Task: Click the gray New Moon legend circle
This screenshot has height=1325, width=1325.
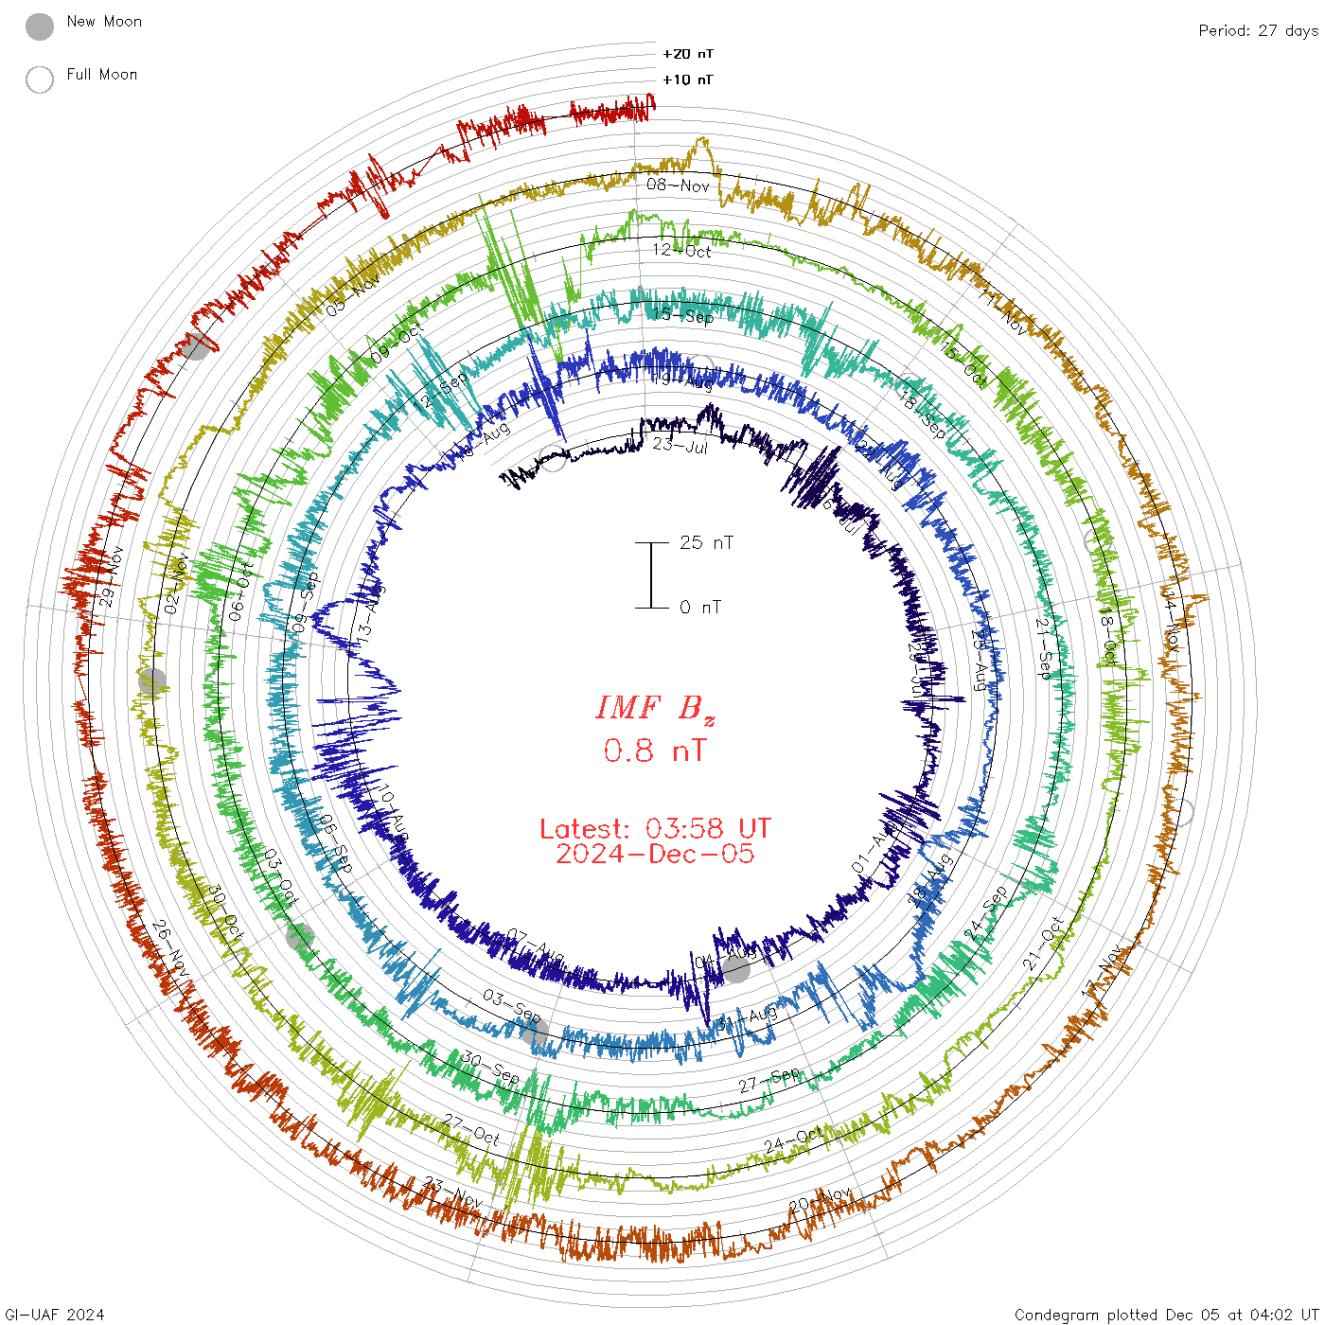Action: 40,27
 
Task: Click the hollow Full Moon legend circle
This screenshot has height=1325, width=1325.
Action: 40,79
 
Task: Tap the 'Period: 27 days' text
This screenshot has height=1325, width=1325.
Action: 1258,30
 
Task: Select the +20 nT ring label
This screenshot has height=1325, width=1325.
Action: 688,54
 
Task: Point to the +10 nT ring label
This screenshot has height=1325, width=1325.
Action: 688,79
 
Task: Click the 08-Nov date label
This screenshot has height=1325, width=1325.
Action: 678,185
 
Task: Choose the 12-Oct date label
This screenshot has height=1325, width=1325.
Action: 682,250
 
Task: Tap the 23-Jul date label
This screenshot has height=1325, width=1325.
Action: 680,445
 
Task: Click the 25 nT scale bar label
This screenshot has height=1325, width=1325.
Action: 706,542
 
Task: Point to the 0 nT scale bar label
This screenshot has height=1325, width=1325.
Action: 700,607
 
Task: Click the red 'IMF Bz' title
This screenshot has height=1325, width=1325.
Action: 655,708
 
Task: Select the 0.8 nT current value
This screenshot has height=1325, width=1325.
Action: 655,751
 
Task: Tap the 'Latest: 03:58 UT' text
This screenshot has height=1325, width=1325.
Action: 655,829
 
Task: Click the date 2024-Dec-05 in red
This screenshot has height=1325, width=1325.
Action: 655,854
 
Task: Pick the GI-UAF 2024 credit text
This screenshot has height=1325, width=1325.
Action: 54,1315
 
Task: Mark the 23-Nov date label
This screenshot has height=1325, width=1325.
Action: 453,1192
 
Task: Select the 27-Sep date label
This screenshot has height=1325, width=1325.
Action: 769,1080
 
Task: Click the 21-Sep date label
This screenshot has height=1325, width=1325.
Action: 1044,646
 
